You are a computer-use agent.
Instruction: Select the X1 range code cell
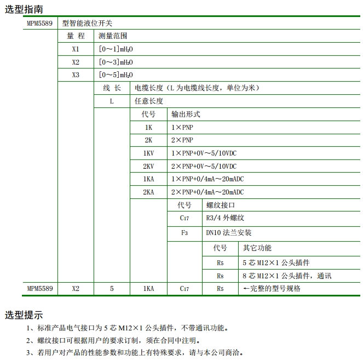76,49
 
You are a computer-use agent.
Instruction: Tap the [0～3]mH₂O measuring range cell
116,62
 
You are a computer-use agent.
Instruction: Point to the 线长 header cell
112,88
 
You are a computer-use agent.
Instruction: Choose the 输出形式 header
186,114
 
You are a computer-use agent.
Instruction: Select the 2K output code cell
148,140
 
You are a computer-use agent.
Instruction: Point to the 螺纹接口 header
221,205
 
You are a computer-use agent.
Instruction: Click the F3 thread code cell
185,233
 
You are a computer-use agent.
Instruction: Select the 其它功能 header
257,248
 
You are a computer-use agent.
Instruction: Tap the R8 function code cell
220,276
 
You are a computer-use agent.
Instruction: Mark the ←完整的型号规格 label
272,288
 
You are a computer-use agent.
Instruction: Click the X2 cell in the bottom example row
76,288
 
